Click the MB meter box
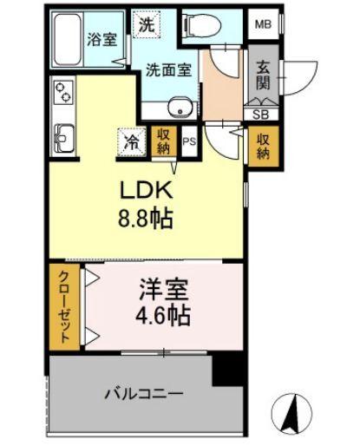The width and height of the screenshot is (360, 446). click(263, 24)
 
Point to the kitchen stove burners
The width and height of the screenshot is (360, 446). click(62, 95)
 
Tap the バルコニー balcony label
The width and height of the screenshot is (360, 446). click(144, 393)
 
